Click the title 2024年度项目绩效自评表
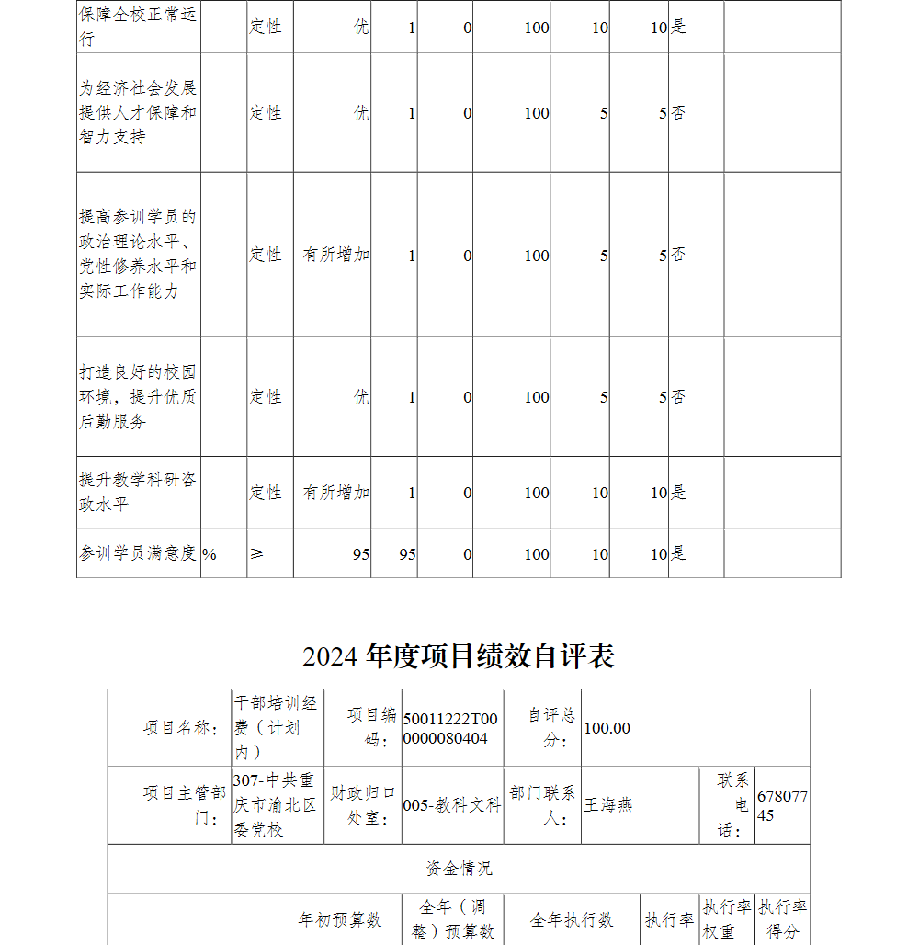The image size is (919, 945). click(459, 656)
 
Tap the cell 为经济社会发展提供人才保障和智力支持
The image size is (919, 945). click(137, 113)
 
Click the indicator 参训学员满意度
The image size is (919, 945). click(137, 553)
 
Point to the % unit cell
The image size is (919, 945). click(210, 554)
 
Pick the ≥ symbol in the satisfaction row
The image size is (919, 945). click(257, 553)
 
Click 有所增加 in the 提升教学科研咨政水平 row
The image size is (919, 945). click(336, 493)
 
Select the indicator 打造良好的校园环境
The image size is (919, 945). click(137, 397)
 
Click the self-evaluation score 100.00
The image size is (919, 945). click(607, 728)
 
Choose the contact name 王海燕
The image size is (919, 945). click(608, 805)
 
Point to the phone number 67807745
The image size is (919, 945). click(782, 805)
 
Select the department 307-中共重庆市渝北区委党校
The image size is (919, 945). click(276, 805)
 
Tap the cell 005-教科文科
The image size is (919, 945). click(451, 805)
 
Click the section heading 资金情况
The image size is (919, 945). click(459, 869)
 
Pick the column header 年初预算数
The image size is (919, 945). click(339, 920)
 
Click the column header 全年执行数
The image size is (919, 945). click(571, 920)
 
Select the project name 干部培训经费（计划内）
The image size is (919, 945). click(276, 728)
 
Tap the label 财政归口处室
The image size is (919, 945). click(363, 805)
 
